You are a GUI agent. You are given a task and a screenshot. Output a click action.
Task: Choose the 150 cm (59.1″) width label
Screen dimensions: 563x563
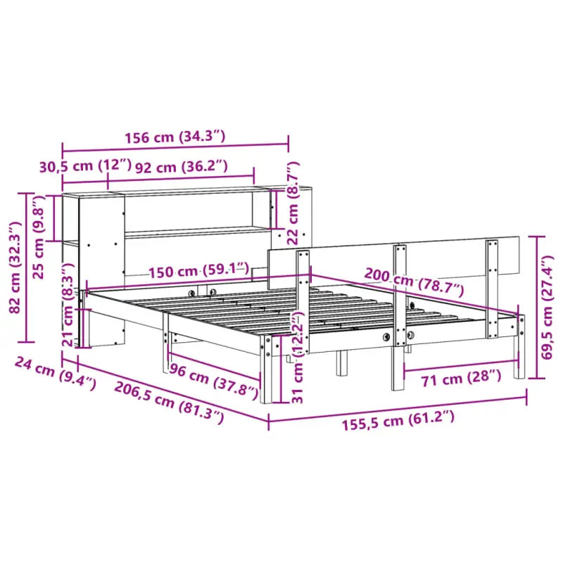[198, 270]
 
